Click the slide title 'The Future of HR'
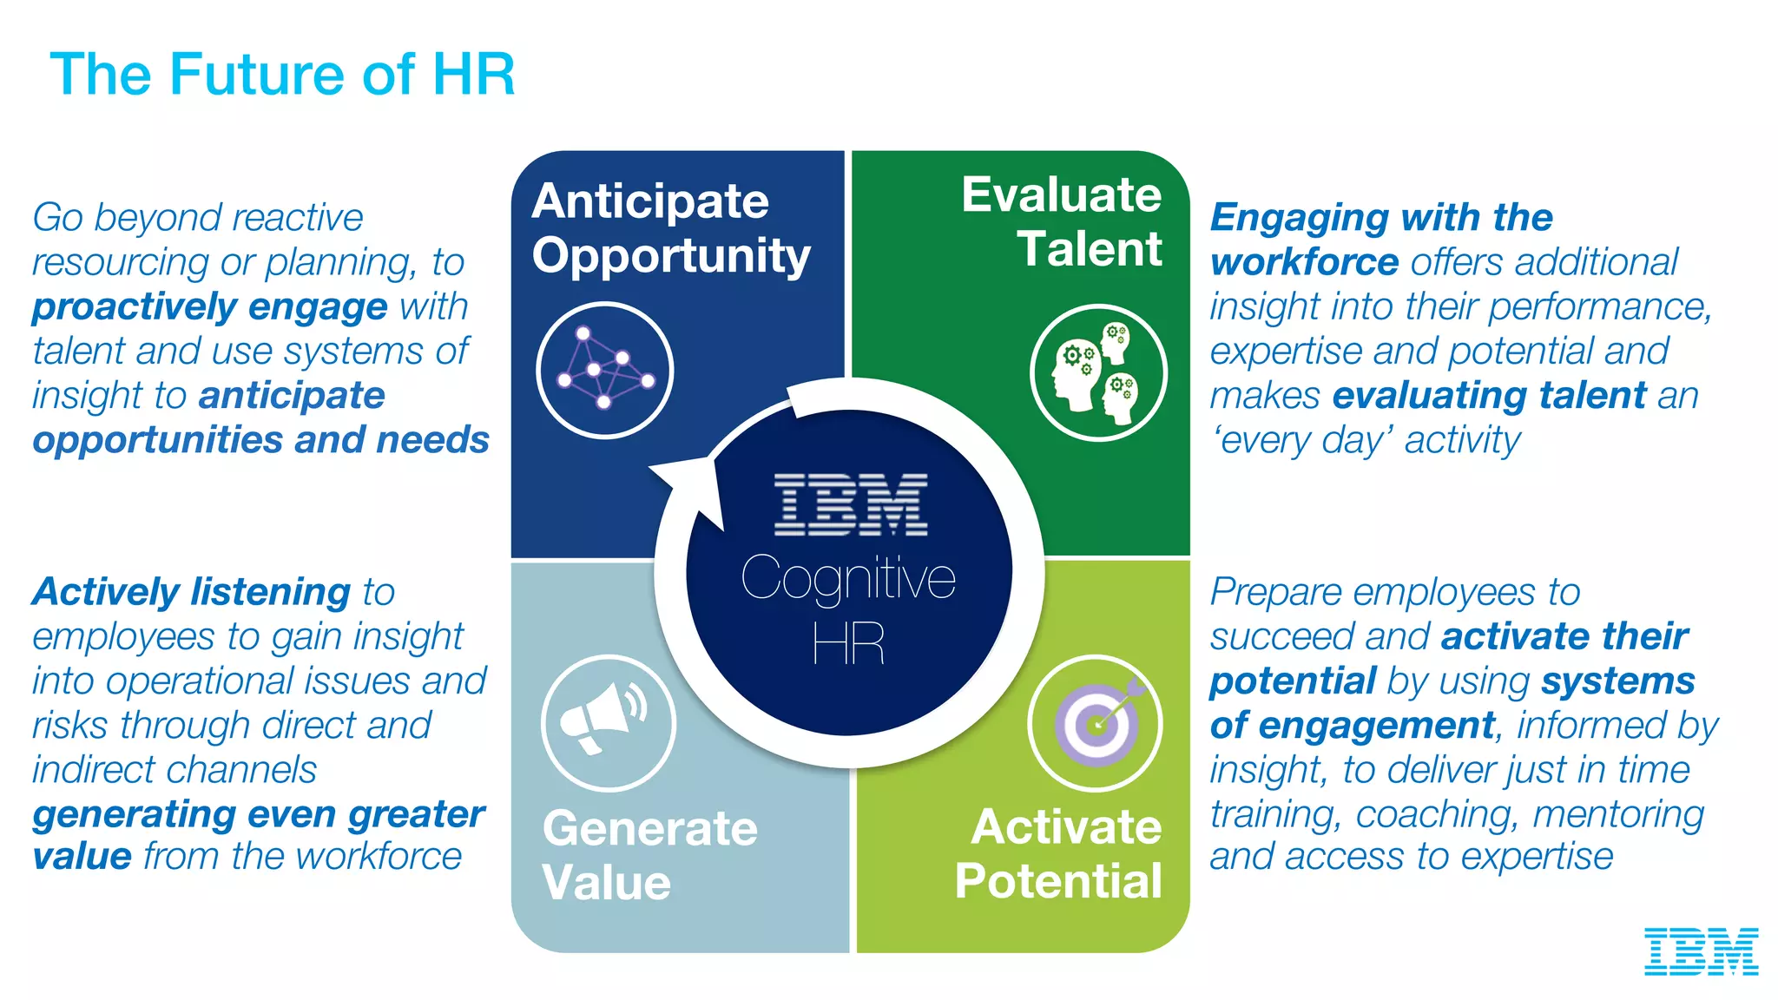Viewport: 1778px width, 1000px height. [283, 74]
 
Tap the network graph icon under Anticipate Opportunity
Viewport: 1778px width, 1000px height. [605, 370]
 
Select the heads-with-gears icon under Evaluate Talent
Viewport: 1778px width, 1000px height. [1098, 372]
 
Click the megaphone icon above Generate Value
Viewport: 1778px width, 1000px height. [608, 722]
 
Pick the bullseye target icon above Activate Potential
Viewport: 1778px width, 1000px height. [1096, 722]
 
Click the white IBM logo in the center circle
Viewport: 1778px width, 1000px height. [850, 504]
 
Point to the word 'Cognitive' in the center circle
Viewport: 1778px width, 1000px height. [848, 578]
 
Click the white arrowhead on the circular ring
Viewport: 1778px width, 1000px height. [695, 487]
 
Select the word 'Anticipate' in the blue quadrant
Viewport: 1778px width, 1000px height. [650, 201]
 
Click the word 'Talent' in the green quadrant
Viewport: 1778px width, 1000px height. [1090, 249]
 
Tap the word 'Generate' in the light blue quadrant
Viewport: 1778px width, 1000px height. [649, 828]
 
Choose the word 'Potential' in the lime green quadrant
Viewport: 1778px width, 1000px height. [1058, 881]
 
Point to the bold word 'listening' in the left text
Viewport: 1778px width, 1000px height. [270, 592]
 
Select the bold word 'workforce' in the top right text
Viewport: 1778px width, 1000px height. [1305, 262]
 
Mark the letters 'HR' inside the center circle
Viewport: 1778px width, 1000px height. [848, 644]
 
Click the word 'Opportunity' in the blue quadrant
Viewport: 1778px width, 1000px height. [671, 256]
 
